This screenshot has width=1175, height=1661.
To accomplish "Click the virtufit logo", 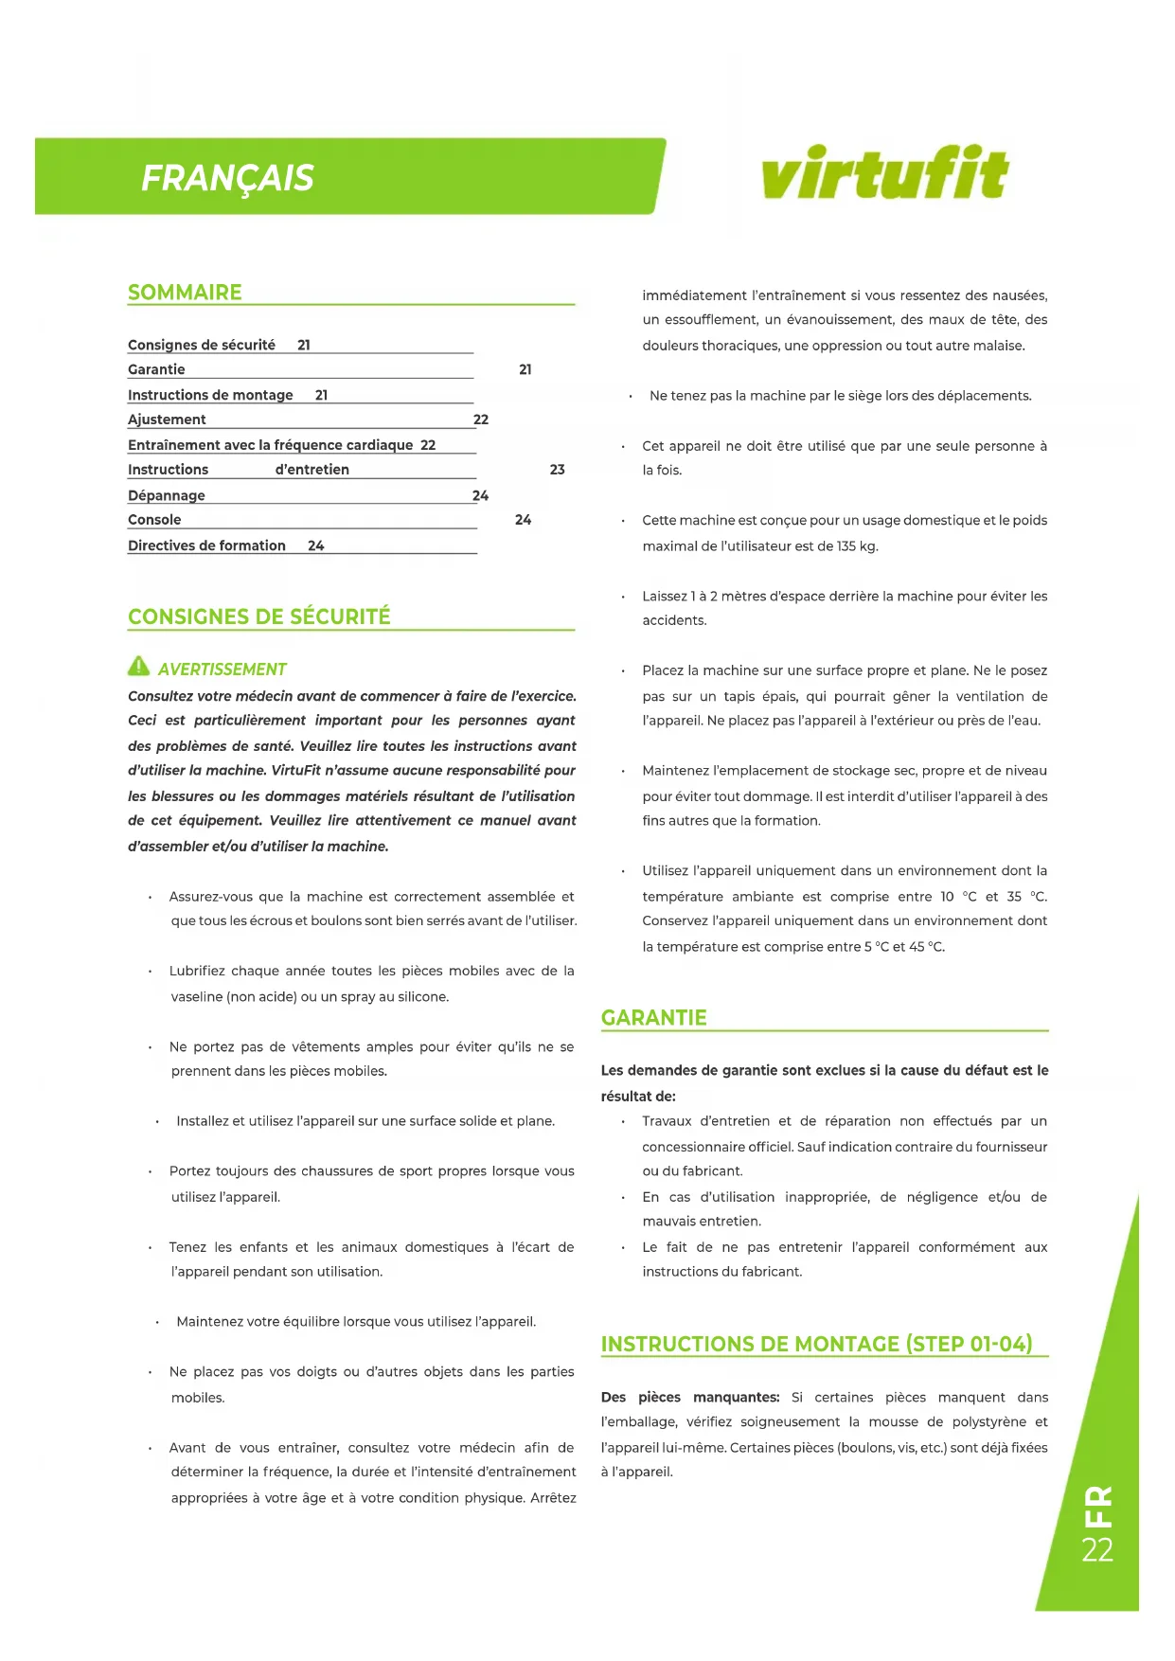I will [x=884, y=173].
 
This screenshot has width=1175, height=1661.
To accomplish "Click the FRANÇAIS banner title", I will [x=227, y=178].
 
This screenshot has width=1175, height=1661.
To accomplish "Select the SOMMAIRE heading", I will [x=185, y=293].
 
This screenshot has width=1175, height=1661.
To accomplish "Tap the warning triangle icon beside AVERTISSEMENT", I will [x=138, y=667].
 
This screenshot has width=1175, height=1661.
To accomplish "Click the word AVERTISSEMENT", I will [x=222, y=670].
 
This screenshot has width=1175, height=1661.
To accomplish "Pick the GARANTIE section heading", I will [x=653, y=1018].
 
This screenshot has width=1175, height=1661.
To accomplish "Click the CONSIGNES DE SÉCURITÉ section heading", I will [x=258, y=617].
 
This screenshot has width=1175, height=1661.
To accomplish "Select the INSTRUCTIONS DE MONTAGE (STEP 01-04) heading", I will [x=816, y=1345].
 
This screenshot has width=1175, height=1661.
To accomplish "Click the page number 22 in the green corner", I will [x=1097, y=1550].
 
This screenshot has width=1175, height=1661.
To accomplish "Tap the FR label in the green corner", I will [x=1098, y=1506].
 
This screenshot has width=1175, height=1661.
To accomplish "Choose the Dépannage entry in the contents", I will [x=167, y=495].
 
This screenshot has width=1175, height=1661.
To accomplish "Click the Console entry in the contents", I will [x=154, y=520].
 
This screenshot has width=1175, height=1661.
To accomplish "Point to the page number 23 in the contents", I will [x=557, y=470].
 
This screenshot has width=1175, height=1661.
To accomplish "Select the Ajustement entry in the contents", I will [x=167, y=420].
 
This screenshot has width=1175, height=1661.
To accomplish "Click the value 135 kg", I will [x=857, y=546].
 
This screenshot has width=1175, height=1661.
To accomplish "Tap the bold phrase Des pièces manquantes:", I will [x=690, y=1398].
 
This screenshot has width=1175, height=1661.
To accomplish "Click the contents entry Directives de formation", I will [x=206, y=545].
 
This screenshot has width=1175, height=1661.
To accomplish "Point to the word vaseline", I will [x=197, y=996].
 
